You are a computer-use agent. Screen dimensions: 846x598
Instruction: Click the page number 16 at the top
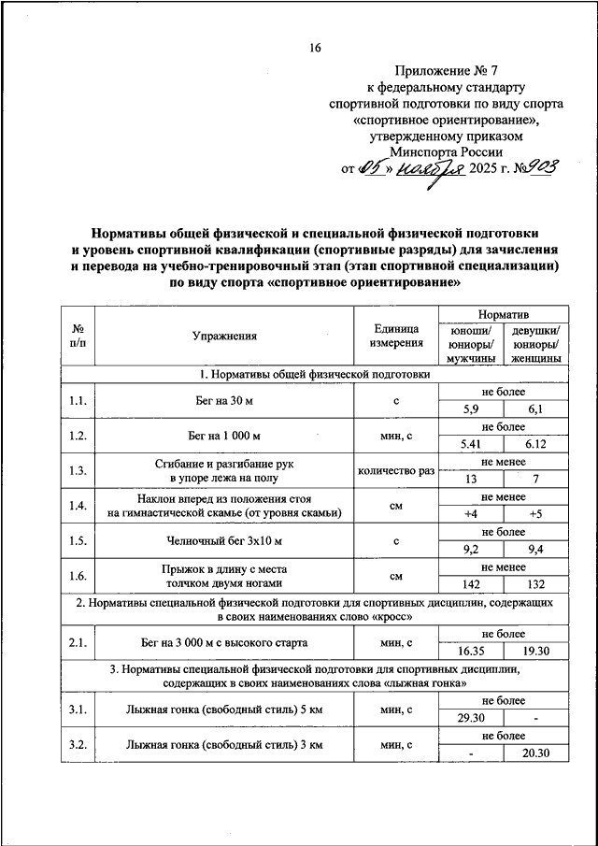(316, 48)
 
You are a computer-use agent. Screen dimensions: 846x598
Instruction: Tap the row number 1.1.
(78, 401)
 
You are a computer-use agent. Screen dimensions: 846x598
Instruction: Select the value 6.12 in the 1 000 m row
(534, 443)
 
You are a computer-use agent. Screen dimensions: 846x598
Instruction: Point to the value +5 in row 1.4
(535, 513)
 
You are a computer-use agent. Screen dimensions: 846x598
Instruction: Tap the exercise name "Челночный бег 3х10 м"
(224, 539)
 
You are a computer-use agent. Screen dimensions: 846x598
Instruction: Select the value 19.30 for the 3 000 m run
(534, 651)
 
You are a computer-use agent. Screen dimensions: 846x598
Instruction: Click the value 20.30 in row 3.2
(534, 753)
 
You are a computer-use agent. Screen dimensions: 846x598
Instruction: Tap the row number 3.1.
(78, 710)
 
